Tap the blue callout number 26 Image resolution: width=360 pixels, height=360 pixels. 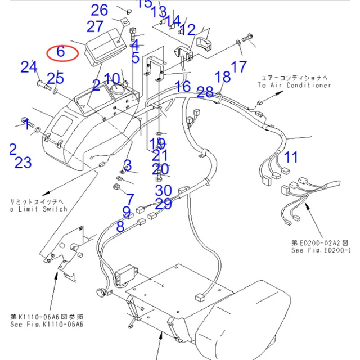pyautogui.click(x=100, y=10)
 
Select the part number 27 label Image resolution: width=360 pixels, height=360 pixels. pyautogui.click(x=95, y=26)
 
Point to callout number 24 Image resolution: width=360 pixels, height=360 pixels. pyautogui.click(x=29, y=67)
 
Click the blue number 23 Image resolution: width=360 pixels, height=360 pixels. pyautogui.click(x=23, y=163)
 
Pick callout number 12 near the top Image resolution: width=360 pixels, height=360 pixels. pyautogui.click(x=187, y=30)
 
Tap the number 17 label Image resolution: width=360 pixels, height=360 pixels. pyautogui.click(x=238, y=67)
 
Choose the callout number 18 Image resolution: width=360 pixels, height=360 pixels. pyautogui.click(x=223, y=76)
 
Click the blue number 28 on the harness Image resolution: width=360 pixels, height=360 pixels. pyautogui.click(x=205, y=92)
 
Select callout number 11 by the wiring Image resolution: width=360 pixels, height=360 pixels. pyautogui.click(x=291, y=156)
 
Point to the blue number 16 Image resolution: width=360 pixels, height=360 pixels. pyautogui.click(x=182, y=87)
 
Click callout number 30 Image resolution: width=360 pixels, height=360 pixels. pyautogui.click(x=164, y=191)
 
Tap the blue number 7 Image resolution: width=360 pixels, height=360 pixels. pyautogui.click(x=130, y=199)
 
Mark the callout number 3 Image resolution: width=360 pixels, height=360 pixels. pyautogui.click(x=128, y=165)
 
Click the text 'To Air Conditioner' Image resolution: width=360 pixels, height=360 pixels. pyautogui.click(x=294, y=85)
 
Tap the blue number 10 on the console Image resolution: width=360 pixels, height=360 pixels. pyautogui.click(x=112, y=79)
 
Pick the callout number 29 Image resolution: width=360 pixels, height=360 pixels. pyautogui.click(x=164, y=204)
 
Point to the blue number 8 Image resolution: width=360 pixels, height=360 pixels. pyautogui.click(x=120, y=227)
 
